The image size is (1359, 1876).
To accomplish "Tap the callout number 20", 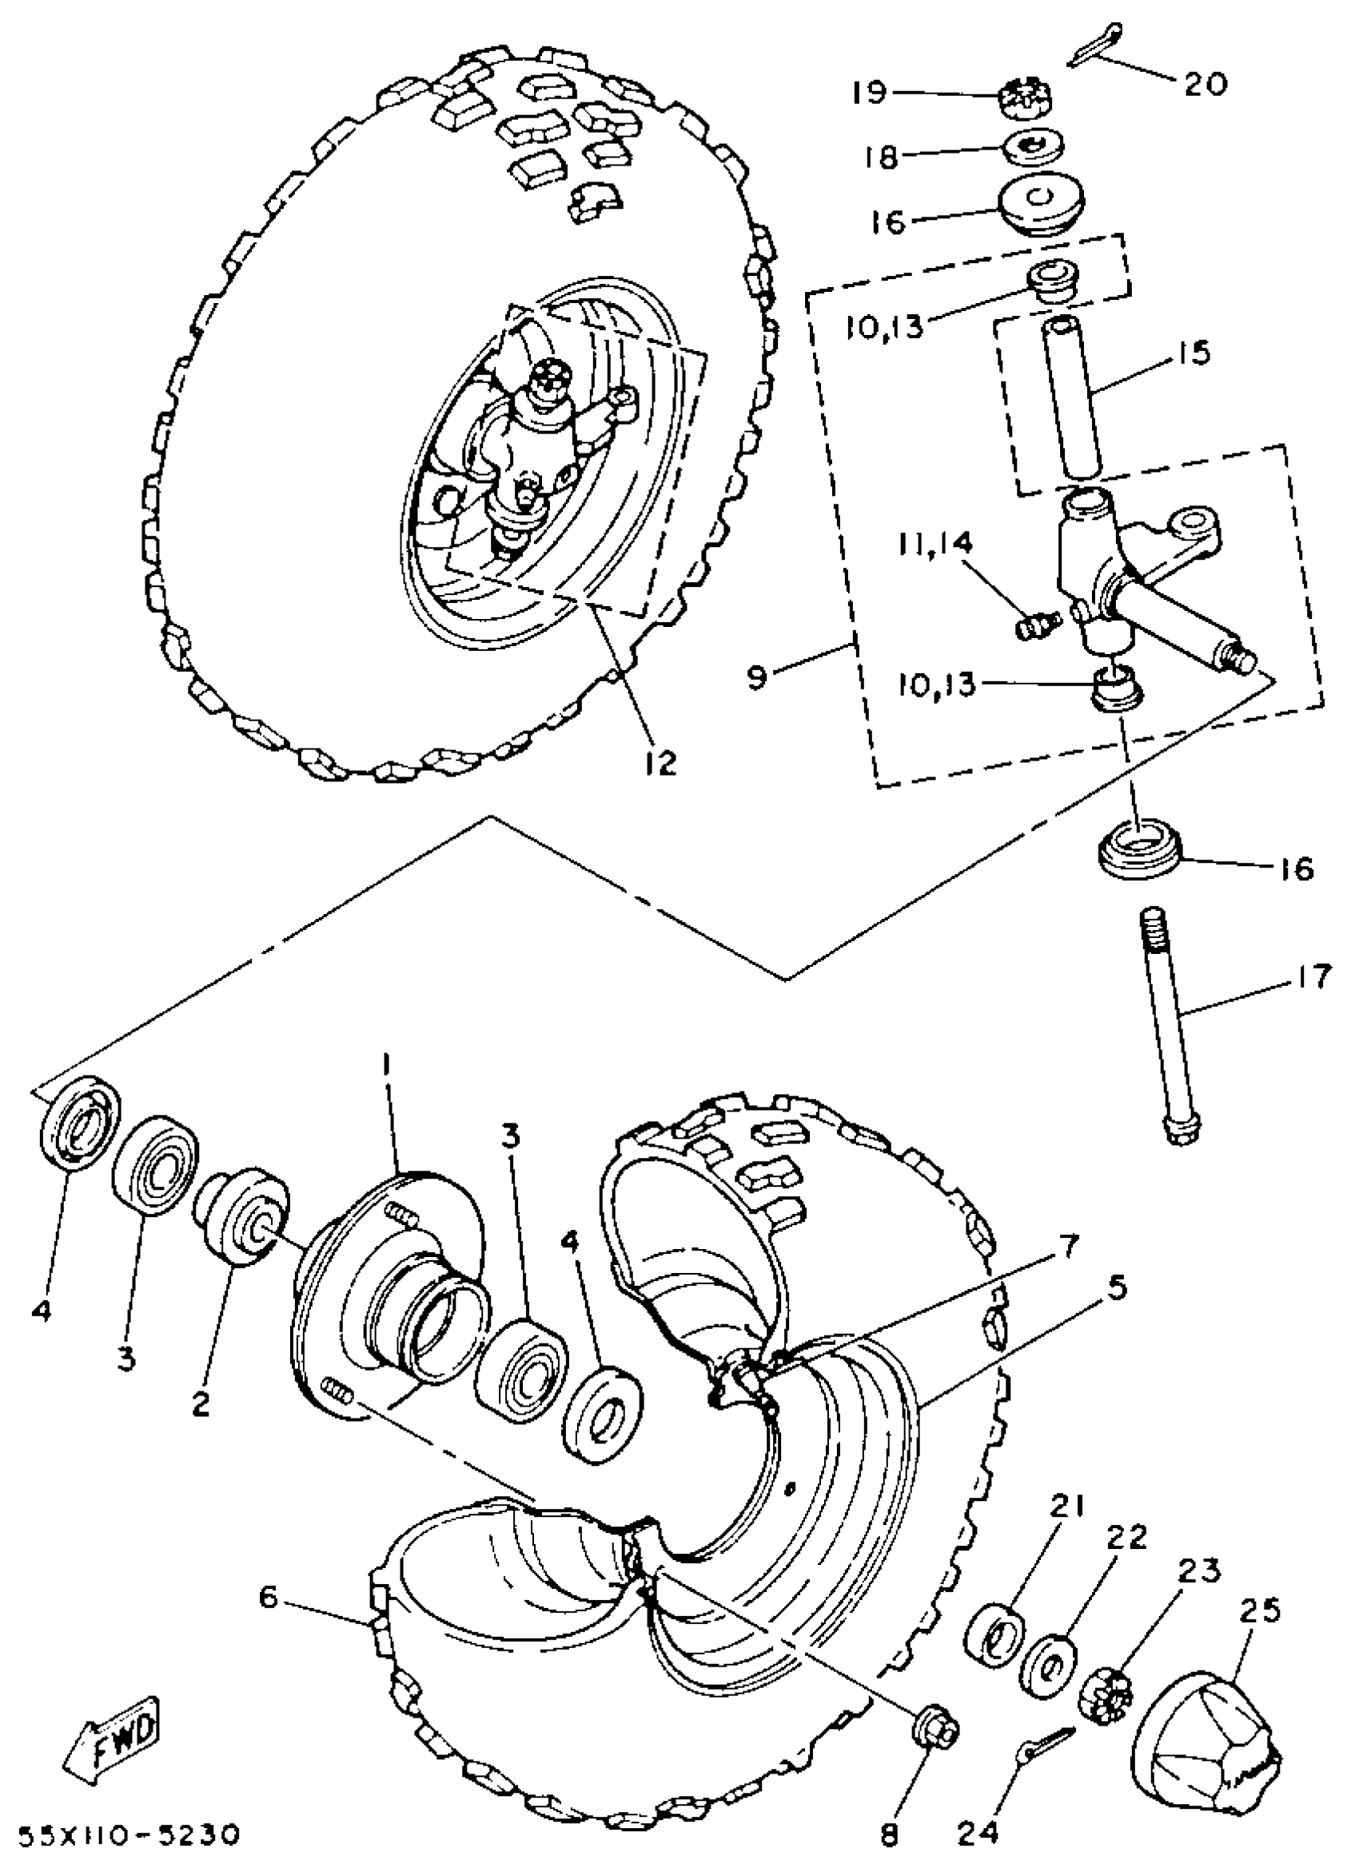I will [1205, 83].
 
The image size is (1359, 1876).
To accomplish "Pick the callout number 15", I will [1190, 353].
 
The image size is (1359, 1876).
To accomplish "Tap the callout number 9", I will [758, 677].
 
